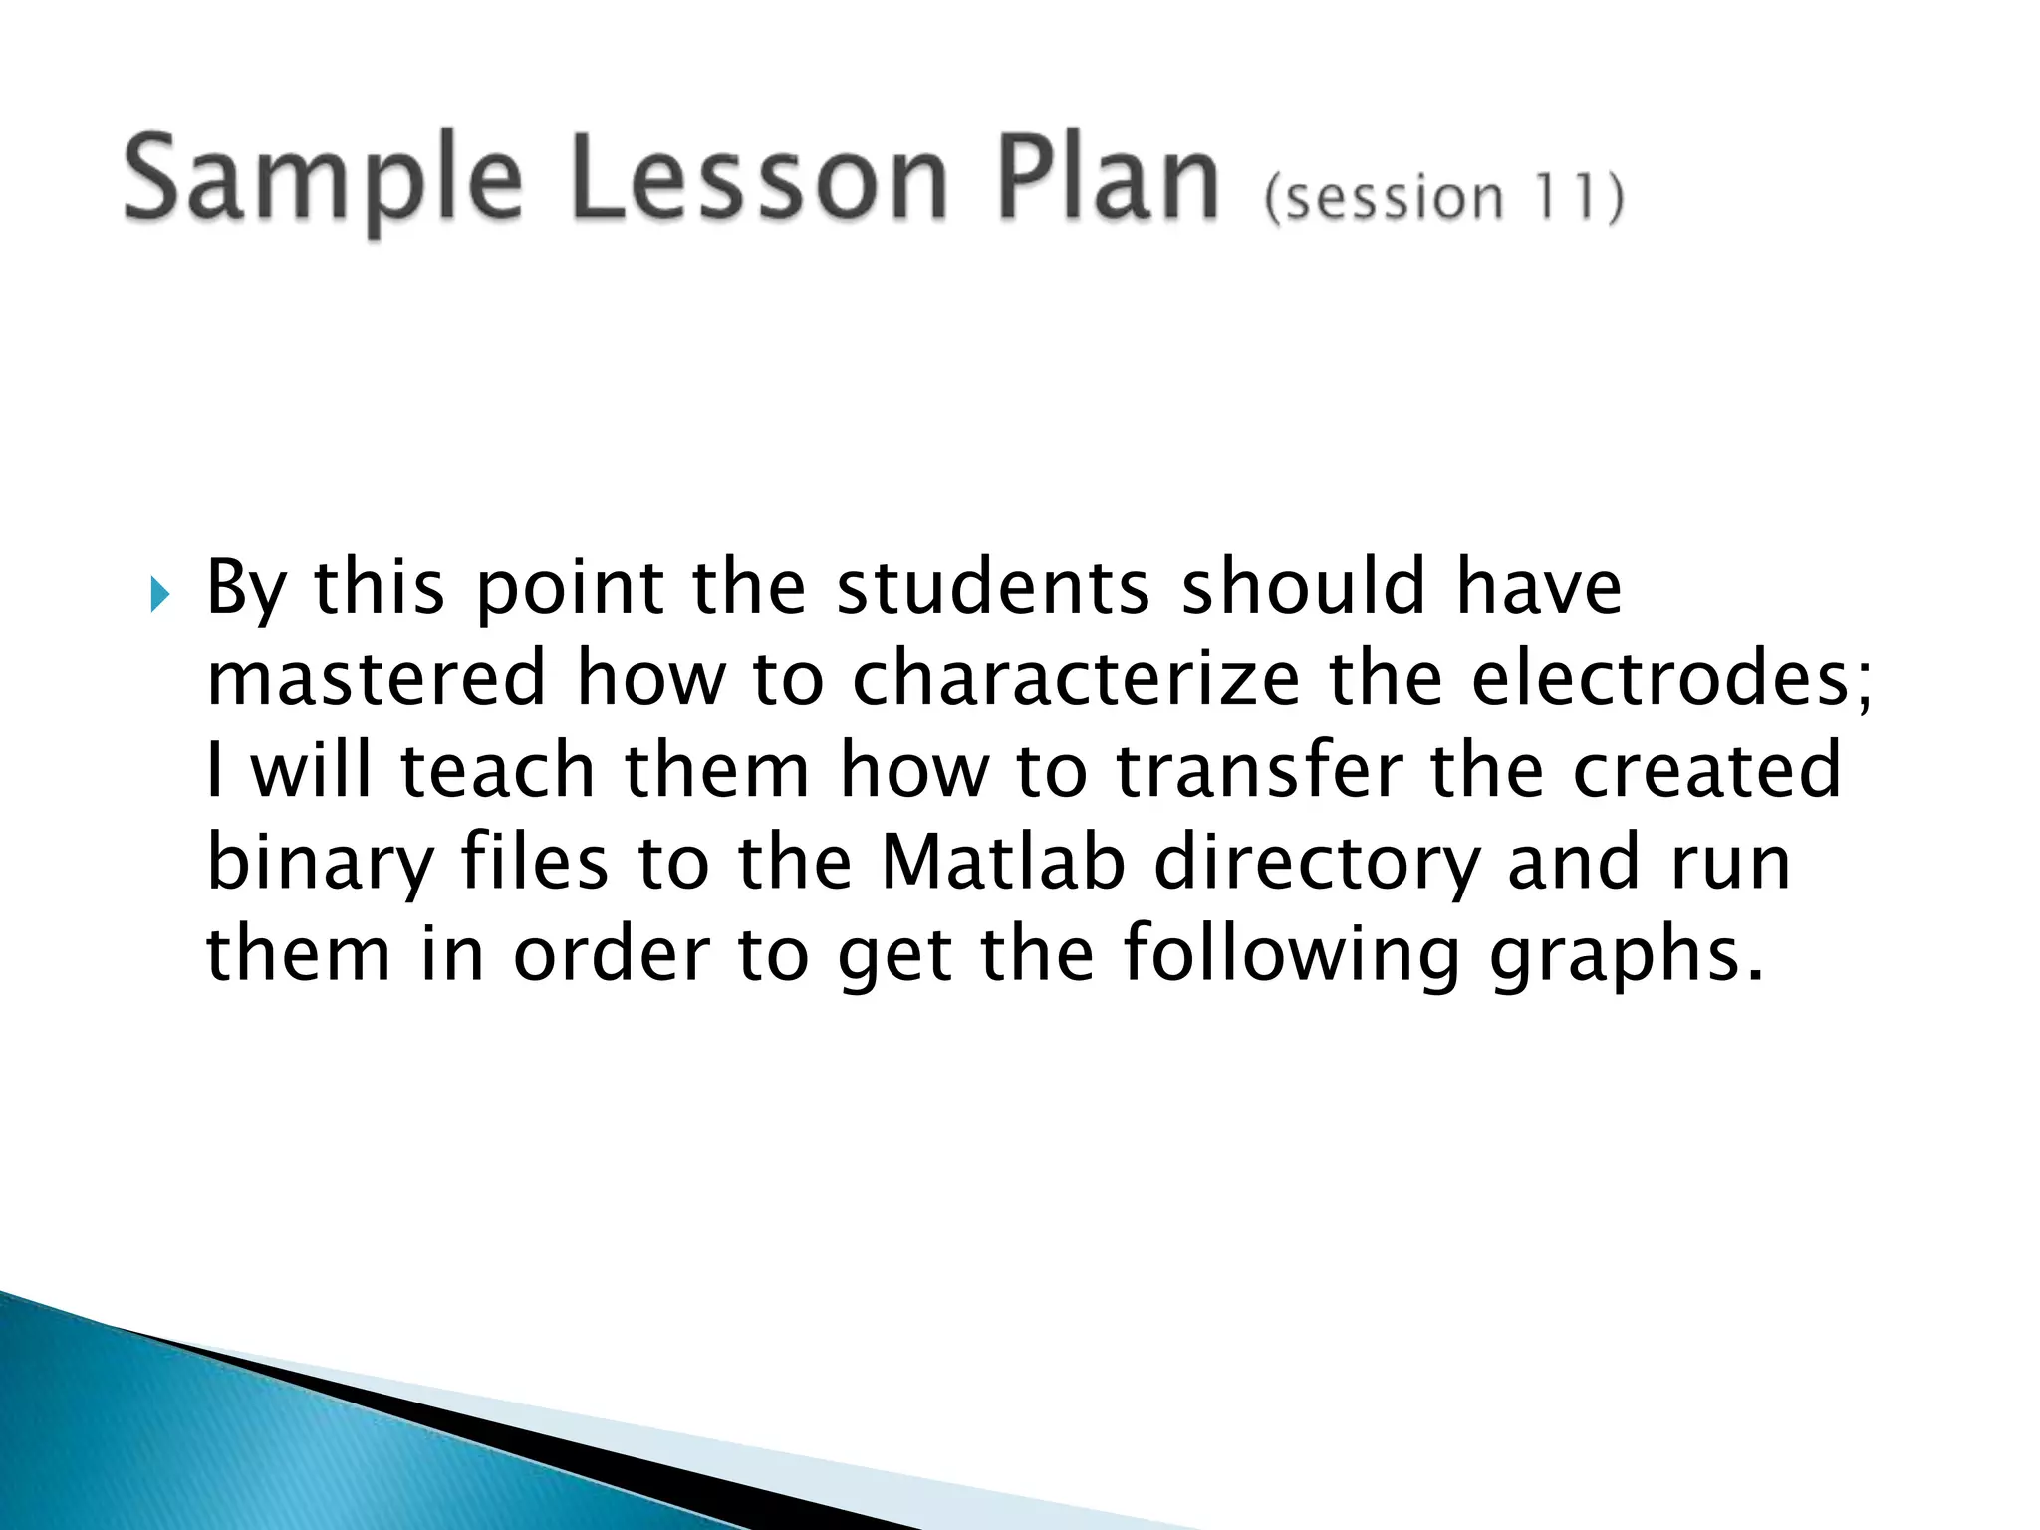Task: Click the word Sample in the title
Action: (x=322, y=182)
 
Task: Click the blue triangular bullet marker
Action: (x=159, y=596)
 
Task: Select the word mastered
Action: (x=377, y=678)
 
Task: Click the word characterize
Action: (x=1076, y=678)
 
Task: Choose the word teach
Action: (x=497, y=770)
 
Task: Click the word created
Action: (x=1706, y=770)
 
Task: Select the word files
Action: (x=534, y=862)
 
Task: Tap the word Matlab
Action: (x=1003, y=862)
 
